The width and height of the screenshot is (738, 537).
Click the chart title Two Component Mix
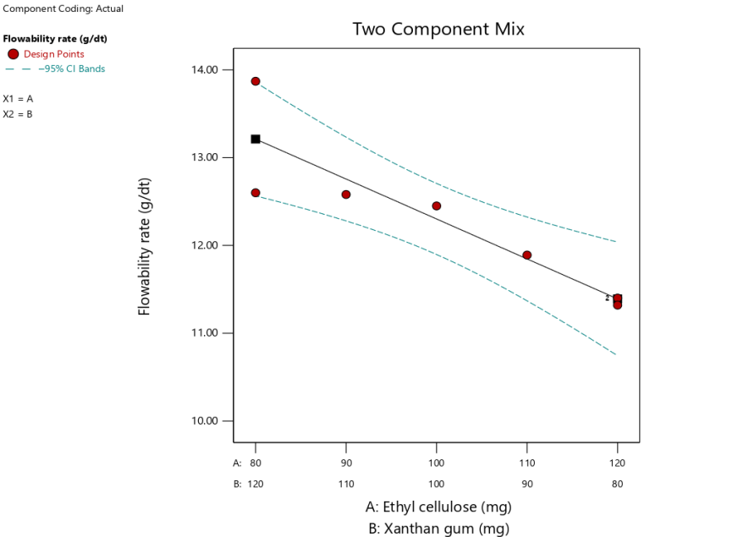point(438,30)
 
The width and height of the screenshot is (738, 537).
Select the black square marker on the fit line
point(256,139)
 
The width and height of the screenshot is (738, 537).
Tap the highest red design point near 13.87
point(256,81)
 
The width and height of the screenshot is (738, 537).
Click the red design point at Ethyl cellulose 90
point(346,195)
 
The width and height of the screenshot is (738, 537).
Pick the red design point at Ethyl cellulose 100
point(437,206)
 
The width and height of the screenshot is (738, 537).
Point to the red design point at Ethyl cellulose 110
point(527,255)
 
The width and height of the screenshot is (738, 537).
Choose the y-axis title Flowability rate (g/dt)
point(145,247)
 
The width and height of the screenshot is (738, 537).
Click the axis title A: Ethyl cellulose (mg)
point(438,507)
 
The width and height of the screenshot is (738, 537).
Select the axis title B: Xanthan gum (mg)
point(438,529)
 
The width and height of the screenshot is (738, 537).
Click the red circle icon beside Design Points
point(13,54)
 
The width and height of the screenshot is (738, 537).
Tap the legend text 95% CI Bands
point(71,69)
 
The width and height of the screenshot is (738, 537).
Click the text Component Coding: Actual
point(63,8)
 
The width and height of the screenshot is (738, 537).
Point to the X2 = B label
point(18,114)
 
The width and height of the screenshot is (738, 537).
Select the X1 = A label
point(18,99)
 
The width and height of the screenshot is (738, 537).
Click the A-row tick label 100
point(437,463)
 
